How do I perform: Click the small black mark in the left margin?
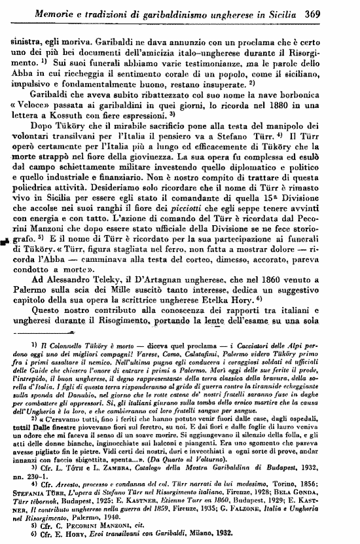(5, 258)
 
